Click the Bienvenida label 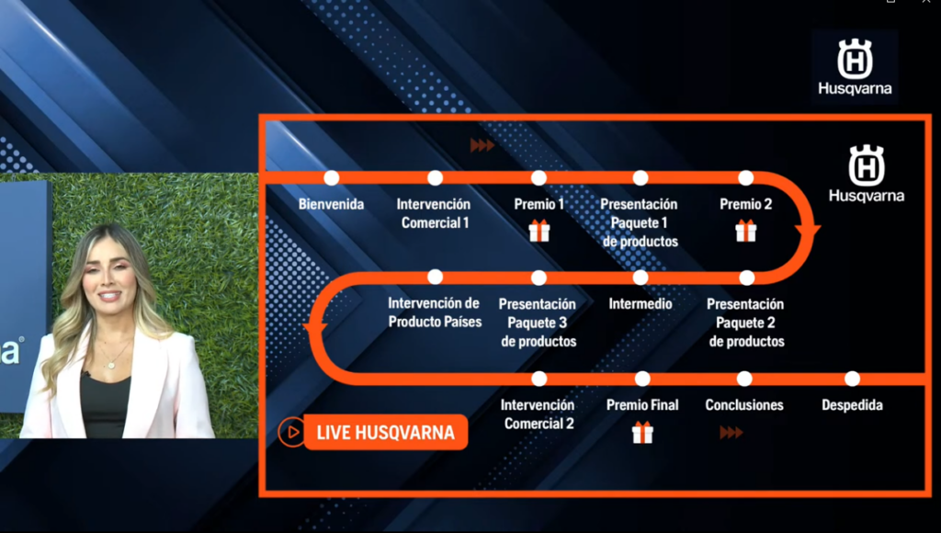pyautogui.click(x=331, y=204)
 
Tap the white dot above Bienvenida pyautogui.click(x=331, y=177)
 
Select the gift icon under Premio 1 pyautogui.click(x=539, y=231)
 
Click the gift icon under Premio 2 pyautogui.click(x=746, y=231)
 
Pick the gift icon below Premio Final pyautogui.click(x=642, y=432)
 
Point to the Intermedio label pyautogui.click(x=641, y=303)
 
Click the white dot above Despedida pyautogui.click(x=852, y=379)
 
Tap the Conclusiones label pyautogui.click(x=744, y=405)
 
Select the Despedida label pyautogui.click(x=852, y=405)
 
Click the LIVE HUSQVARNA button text pyautogui.click(x=385, y=432)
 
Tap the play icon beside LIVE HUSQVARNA pyautogui.click(x=291, y=432)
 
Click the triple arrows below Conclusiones pyautogui.click(x=731, y=432)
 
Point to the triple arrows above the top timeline pyautogui.click(x=482, y=145)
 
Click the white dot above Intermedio pyautogui.click(x=641, y=278)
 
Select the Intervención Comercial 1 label pyautogui.click(x=434, y=213)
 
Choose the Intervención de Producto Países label pyautogui.click(x=435, y=312)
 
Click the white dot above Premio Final pyautogui.click(x=642, y=379)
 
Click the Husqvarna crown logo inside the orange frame pyautogui.click(x=866, y=165)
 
